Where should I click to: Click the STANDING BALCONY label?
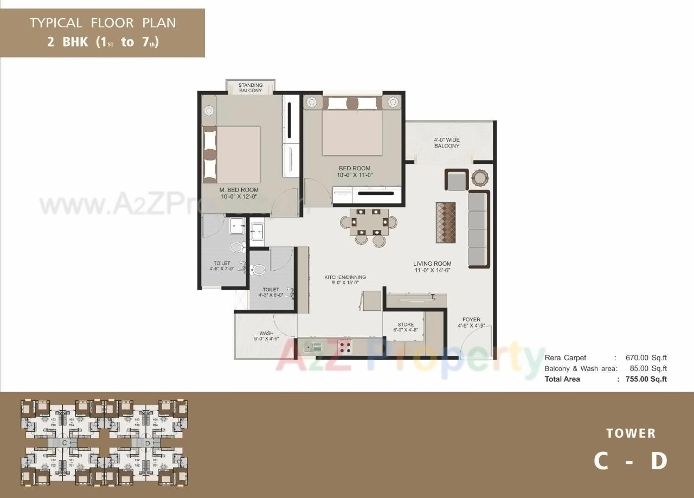pos(250,88)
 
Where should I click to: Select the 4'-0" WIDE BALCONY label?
pos(446,143)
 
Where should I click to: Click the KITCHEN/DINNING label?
pos(345,280)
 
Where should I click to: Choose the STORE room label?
pos(406,327)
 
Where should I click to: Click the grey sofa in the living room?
pos(478,229)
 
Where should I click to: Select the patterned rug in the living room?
pos(446,222)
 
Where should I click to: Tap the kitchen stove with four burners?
pos(345,346)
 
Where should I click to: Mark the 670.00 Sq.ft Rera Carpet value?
pos(646,358)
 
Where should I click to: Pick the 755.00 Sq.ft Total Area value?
pos(646,379)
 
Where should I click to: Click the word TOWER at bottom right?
pos(631,433)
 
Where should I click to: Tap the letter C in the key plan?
pos(64,443)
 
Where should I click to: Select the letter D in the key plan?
pos(147,443)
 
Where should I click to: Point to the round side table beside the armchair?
pos(480,178)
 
